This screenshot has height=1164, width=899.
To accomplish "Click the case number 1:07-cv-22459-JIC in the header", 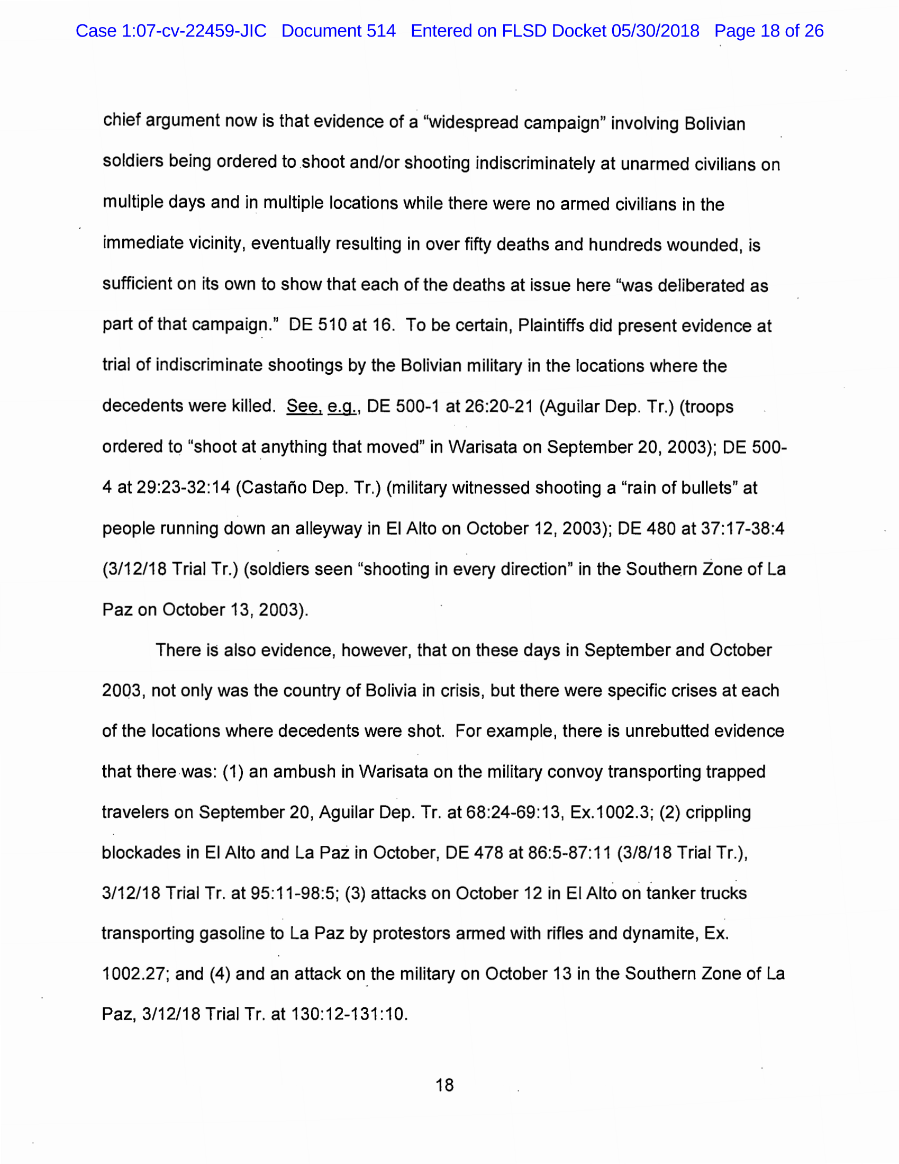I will pyautogui.click(x=194, y=31).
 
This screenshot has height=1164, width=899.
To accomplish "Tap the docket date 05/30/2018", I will pyautogui.click(x=655, y=31).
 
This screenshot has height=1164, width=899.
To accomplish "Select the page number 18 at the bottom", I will pyautogui.click(x=444, y=1085).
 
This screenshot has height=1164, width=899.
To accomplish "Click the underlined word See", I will pyautogui.click(x=304, y=406).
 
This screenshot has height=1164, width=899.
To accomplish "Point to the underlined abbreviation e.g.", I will pyautogui.click(x=342, y=407).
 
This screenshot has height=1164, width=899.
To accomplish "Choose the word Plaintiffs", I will pyautogui.click(x=551, y=326).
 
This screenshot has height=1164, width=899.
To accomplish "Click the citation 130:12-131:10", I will pyautogui.click(x=349, y=1014).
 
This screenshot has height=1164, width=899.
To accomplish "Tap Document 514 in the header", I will pyautogui.click(x=339, y=31).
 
